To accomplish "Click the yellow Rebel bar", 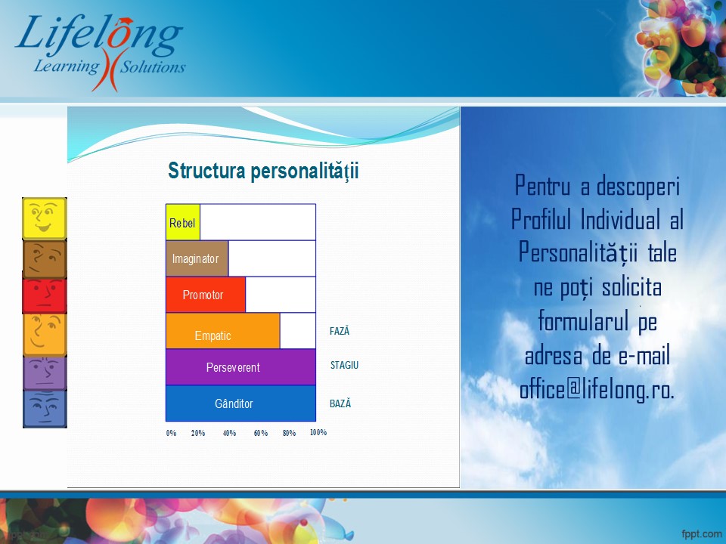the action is [183, 222].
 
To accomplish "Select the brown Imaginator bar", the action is [197, 258].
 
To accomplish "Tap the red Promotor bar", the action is [206, 295].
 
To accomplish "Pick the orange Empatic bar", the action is [222, 331].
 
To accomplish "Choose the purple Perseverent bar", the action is [240, 367].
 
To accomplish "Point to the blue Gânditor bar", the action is [240, 403].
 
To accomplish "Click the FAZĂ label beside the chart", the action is [340, 331].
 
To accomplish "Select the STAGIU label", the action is [345, 365].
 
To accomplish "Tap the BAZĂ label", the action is [340, 403].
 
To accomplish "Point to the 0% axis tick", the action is [172, 433].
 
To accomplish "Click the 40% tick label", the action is [230, 433].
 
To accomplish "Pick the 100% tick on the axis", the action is [318, 432].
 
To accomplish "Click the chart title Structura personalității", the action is [263, 172].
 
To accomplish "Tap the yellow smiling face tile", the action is [45, 219].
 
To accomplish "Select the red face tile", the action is [45, 295].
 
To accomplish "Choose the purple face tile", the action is [45, 372].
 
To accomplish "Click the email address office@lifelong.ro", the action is [597, 390].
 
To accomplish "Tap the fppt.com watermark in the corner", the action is [702, 534].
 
